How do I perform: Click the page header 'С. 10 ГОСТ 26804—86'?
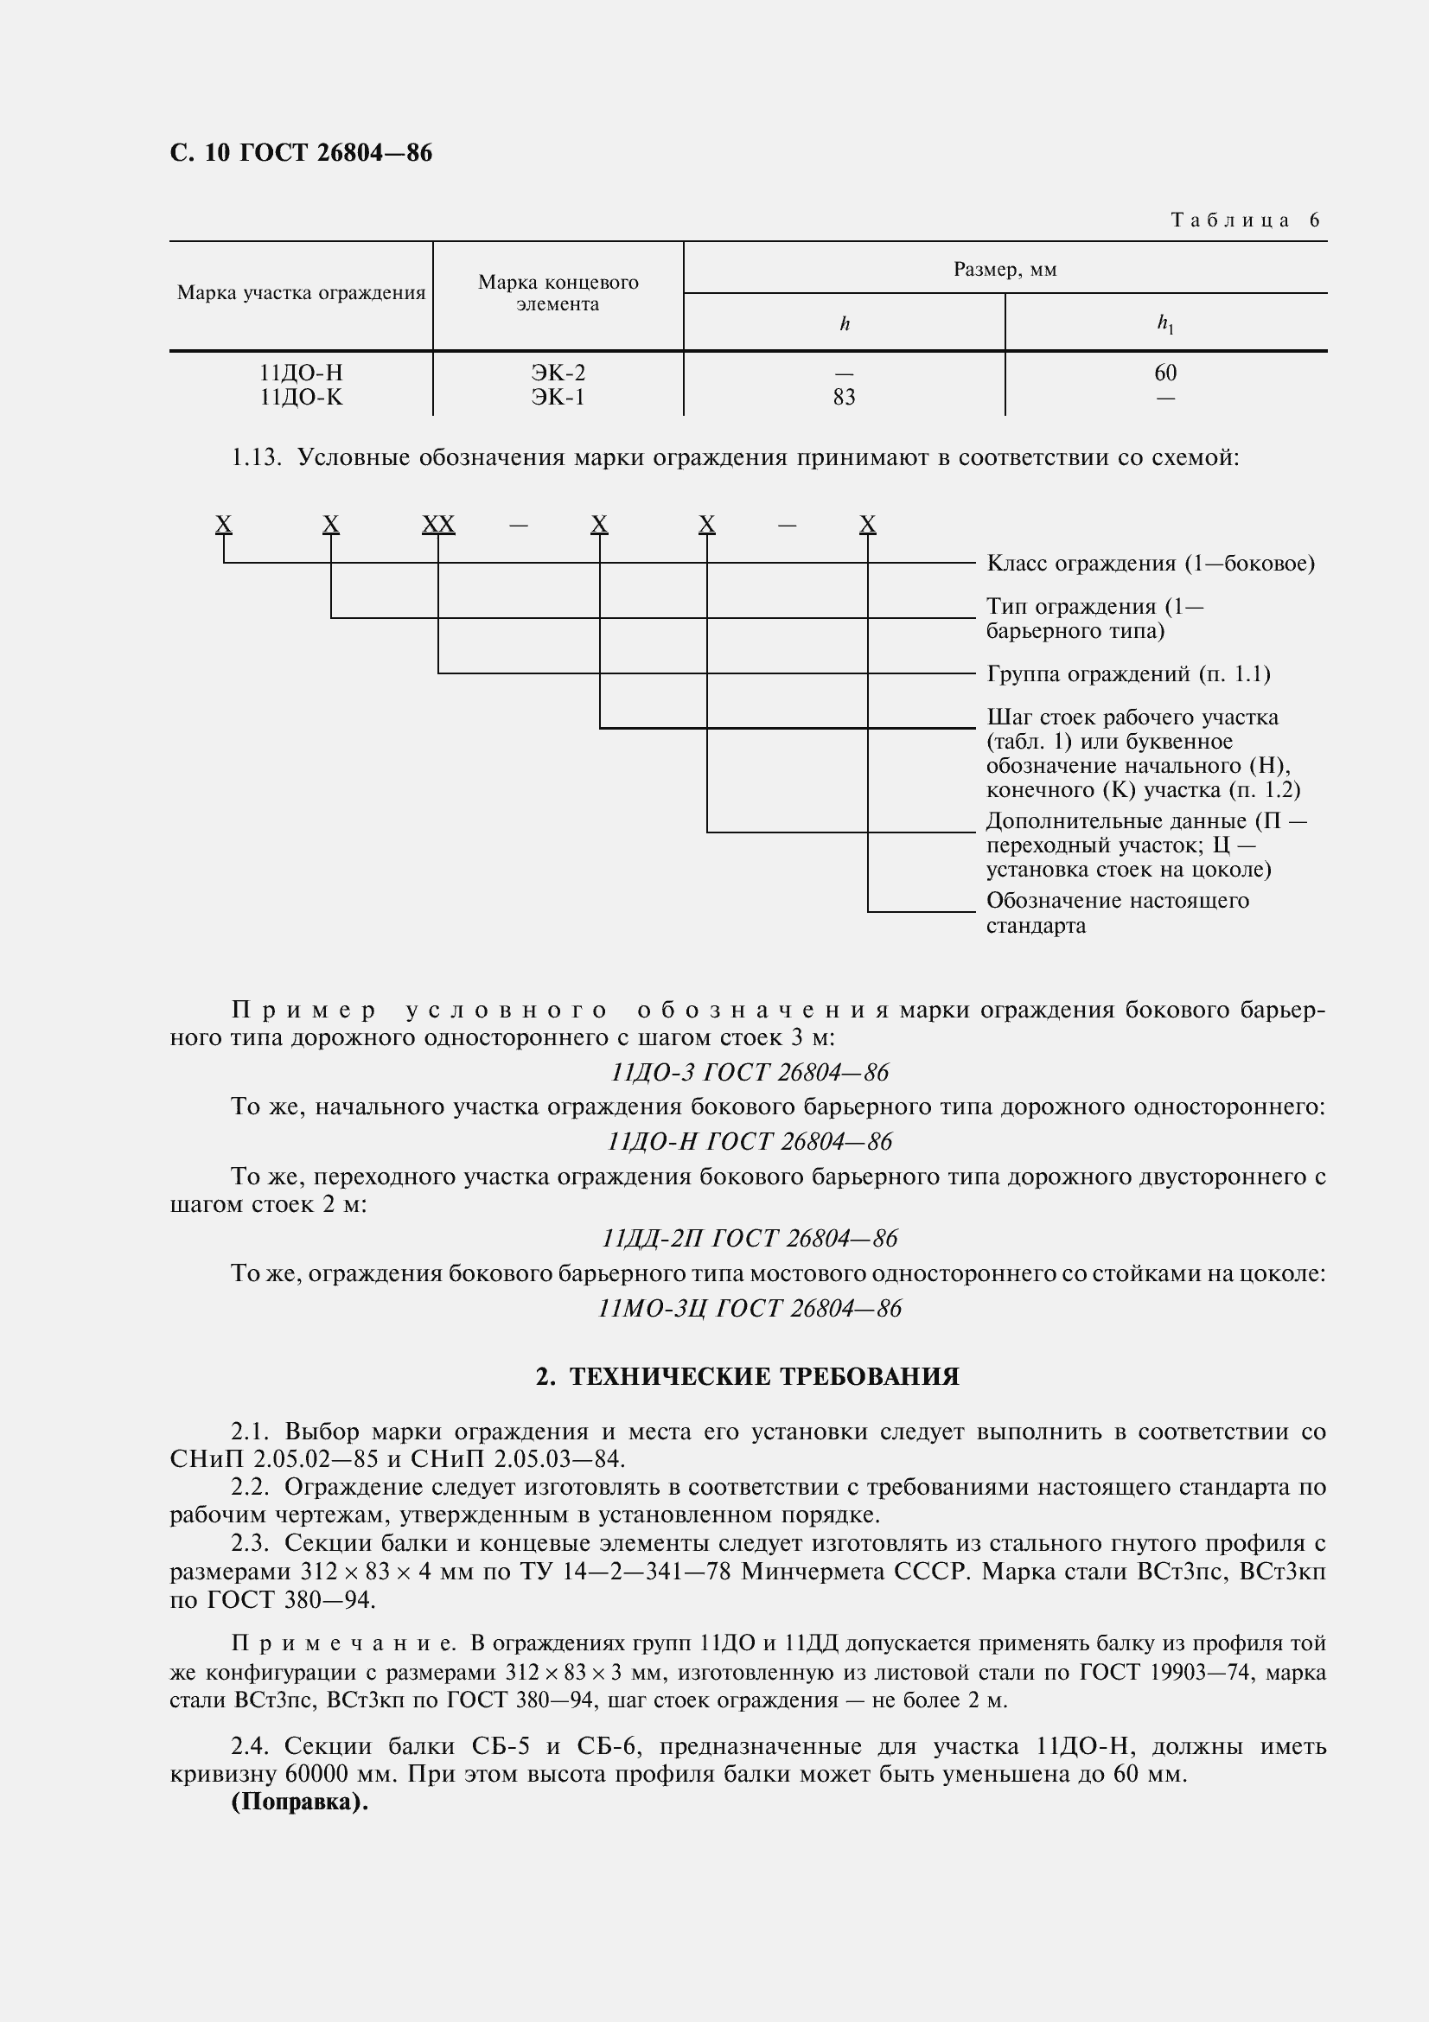(300, 153)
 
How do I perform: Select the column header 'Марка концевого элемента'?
(558, 293)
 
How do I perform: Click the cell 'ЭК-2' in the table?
(558, 373)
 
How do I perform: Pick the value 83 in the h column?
(844, 398)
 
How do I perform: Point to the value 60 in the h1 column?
(1164, 373)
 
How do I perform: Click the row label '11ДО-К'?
(300, 398)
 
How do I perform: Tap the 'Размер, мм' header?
(1005, 270)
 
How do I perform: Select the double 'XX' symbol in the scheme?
(437, 525)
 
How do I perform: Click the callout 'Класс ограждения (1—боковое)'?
(1150, 564)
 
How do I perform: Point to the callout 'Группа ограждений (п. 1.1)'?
(1128, 674)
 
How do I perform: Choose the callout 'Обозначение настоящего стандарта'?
(1116, 913)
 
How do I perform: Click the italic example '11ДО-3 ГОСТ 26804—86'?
(750, 1073)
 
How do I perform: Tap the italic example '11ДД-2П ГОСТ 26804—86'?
(750, 1239)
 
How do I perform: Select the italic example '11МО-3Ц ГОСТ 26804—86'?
(750, 1309)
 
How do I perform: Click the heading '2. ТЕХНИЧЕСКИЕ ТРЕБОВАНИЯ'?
(747, 1377)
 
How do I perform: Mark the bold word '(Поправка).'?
(299, 1802)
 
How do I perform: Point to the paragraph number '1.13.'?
(255, 458)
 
